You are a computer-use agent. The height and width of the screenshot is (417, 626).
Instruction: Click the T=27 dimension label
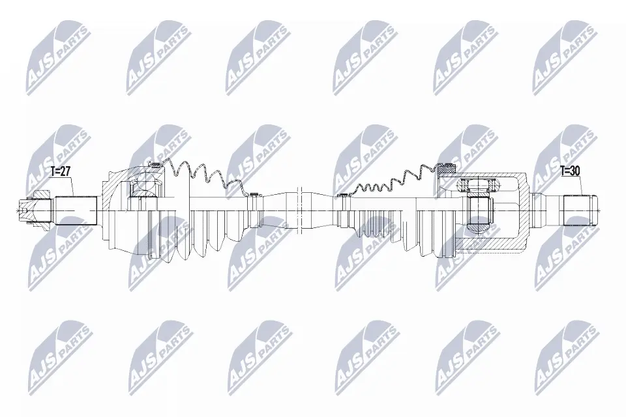tap(60, 172)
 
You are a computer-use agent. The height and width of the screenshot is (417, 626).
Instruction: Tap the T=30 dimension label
tap(570, 171)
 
